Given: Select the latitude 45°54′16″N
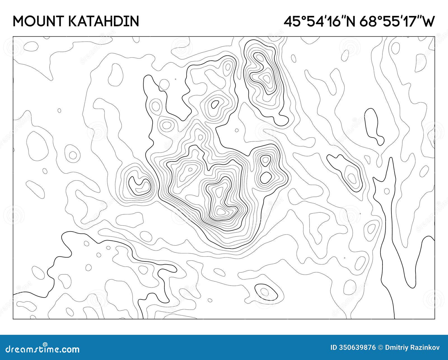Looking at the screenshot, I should (319, 21).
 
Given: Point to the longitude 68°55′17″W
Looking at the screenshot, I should (397, 21).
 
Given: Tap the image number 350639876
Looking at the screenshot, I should (360, 348).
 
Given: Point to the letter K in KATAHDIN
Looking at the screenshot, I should (73, 21).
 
